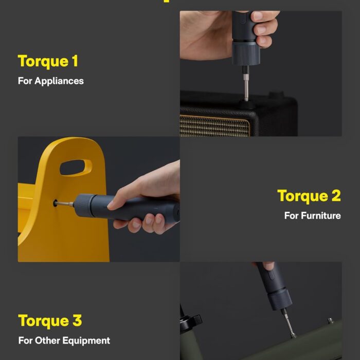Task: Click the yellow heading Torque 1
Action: [x=48, y=61]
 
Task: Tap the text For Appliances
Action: [x=50, y=81]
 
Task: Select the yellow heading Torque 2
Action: [x=309, y=196]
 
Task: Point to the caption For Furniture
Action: [x=312, y=215]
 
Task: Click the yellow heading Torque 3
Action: [x=50, y=320]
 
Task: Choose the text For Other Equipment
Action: [x=64, y=340]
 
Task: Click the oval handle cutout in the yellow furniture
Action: [x=76, y=168]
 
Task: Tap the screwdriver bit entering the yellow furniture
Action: [x=64, y=204]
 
